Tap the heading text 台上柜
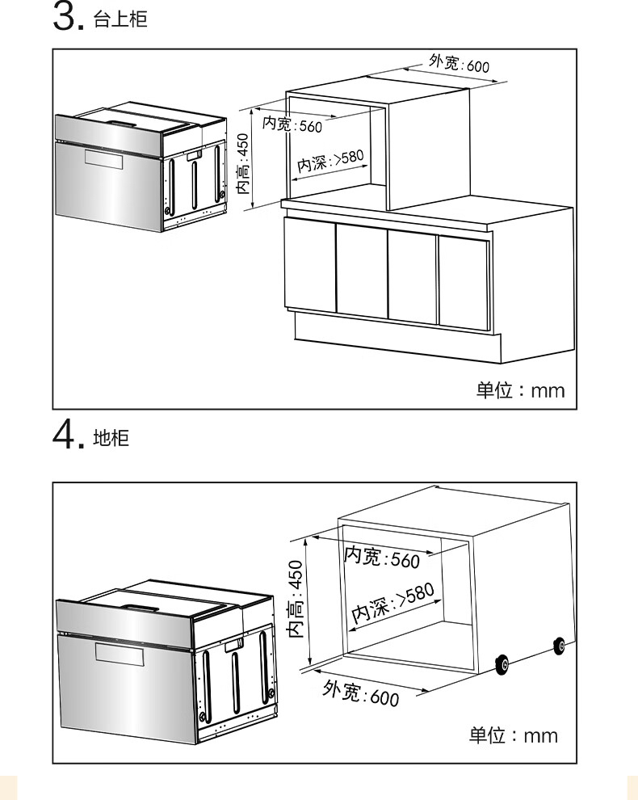click(x=121, y=20)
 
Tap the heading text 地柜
click(x=111, y=439)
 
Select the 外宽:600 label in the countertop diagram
click(x=459, y=64)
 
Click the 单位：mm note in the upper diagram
click(x=520, y=390)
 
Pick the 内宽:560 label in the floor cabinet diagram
click(x=382, y=557)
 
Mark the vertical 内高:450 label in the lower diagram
click(x=296, y=599)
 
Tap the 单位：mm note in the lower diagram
click(x=514, y=735)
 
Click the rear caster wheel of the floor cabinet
click(x=559, y=645)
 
